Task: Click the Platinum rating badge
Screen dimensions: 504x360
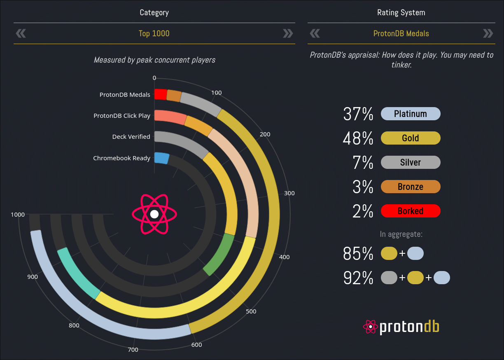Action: [x=411, y=114]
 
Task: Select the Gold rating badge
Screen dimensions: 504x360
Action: [x=411, y=138]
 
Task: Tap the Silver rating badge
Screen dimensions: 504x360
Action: [x=411, y=162]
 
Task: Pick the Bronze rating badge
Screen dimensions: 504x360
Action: [x=411, y=187]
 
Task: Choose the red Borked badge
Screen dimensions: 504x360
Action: [x=411, y=211]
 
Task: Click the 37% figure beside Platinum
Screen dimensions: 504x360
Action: [x=358, y=114]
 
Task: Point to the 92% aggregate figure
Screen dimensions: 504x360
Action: [x=358, y=278]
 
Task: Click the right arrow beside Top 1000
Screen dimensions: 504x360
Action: [x=288, y=33]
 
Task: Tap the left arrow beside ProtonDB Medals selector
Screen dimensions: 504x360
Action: [x=315, y=33]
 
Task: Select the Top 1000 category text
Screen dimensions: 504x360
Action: [x=154, y=33]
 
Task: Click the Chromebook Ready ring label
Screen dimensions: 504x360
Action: [x=121, y=158]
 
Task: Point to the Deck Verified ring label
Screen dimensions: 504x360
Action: [x=131, y=137]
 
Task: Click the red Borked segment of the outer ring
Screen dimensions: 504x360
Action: [x=161, y=94]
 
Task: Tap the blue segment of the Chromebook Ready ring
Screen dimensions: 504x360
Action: [x=161, y=158]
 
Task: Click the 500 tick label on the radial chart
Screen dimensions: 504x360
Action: [x=251, y=311]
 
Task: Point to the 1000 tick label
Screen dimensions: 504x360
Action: [x=18, y=215]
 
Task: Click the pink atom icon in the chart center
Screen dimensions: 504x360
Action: [x=154, y=214]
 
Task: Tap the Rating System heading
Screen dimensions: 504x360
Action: [x=401, y=13]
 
